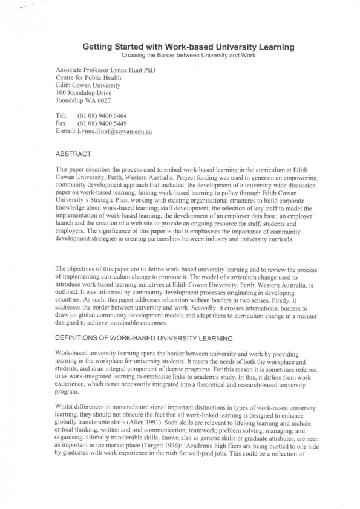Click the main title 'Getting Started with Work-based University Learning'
[x=180, y=47]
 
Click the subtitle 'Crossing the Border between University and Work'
[x=180, y=55]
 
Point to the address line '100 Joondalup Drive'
[x=83, y=93]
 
